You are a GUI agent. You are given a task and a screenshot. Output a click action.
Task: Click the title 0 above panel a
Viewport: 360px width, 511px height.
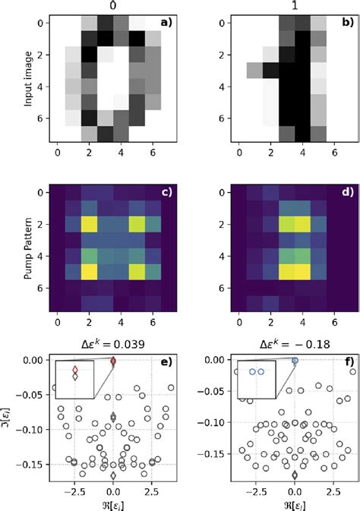pos(110,7)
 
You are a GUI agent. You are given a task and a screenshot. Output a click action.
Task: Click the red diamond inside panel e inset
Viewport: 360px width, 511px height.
pos(74,370)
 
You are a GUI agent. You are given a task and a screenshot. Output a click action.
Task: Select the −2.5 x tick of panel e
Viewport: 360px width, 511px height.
pos(74,490)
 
